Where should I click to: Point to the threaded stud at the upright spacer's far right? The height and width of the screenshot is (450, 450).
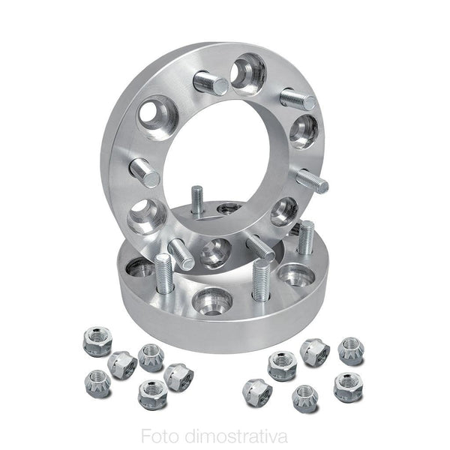312,181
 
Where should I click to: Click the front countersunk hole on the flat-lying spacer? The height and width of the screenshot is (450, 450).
211,302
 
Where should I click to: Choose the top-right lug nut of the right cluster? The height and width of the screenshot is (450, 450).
350,349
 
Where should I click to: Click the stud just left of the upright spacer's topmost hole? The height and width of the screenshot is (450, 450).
211,82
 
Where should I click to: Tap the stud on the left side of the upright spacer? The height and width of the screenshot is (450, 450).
145,174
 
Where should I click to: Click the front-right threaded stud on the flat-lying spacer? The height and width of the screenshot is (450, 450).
260,280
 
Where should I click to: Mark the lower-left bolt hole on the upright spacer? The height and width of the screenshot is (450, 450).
147,217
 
